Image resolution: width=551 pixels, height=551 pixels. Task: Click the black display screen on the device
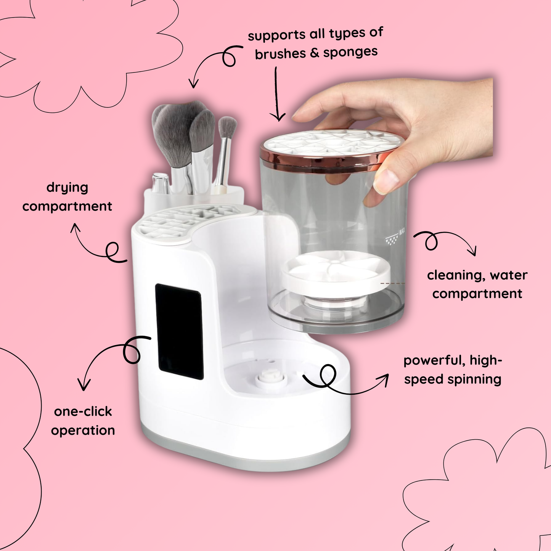(179, 331)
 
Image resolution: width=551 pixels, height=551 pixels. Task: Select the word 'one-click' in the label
(83, 412)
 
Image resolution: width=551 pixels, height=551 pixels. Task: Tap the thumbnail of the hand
(386, 181)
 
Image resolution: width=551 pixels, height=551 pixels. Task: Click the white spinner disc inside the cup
(336, 273)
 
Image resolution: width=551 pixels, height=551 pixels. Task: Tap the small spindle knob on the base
(271, 378)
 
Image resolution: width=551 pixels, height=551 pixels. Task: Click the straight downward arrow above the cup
(276, 94)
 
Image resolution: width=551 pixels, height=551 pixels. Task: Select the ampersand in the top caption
(314, 53)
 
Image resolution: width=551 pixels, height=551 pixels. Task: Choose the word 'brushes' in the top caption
(281, 54)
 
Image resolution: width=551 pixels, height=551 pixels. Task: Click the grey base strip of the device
(246, 455)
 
